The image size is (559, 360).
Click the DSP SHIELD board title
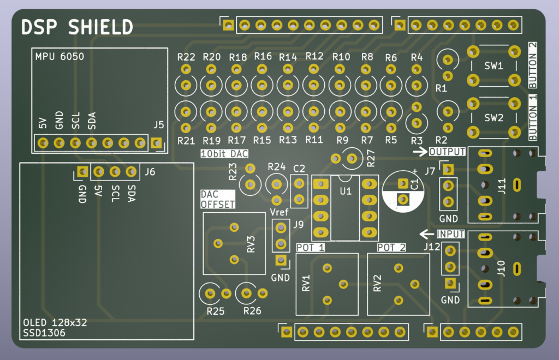76,27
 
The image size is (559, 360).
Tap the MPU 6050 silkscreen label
60,56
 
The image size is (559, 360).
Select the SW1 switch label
493,66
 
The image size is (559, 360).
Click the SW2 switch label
493,117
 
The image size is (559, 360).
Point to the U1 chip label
345,191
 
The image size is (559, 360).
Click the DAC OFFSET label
217,200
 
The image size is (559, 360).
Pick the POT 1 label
310,248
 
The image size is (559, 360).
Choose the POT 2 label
391,248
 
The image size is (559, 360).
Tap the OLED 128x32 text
55,322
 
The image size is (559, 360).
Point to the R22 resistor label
186,57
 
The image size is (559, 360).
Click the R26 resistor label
252,311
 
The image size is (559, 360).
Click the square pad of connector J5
157,143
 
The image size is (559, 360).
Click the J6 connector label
150,172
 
